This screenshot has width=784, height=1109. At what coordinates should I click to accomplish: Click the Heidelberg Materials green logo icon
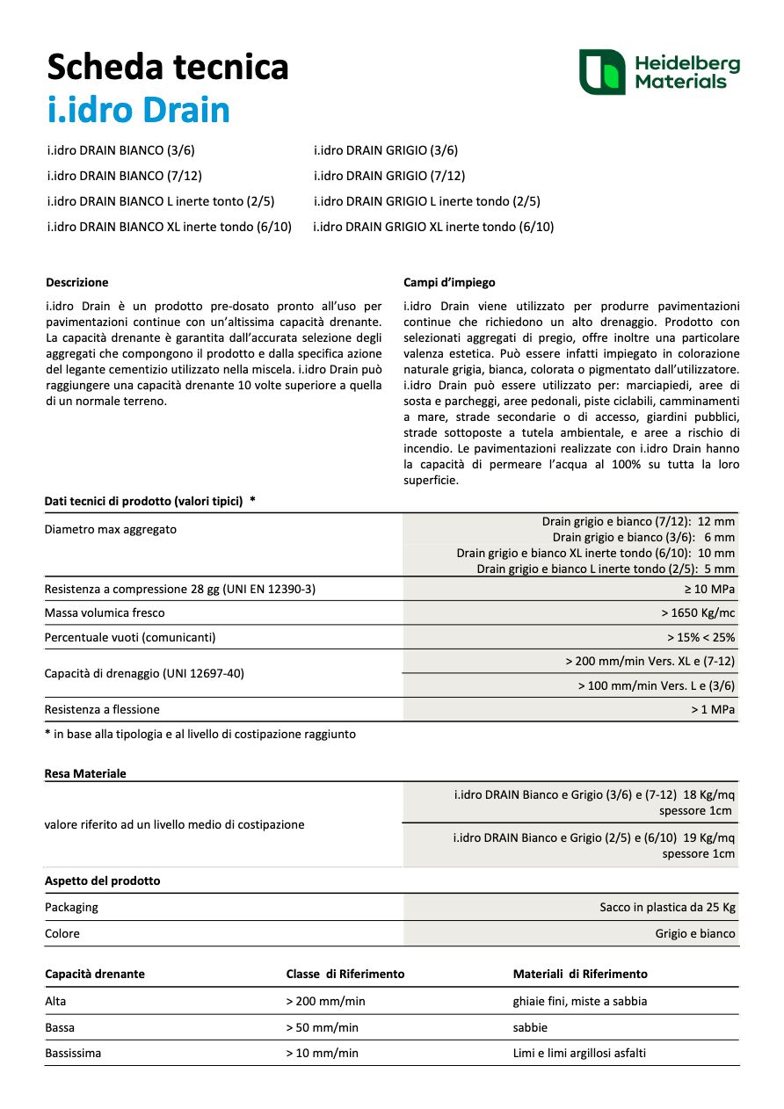[602, 72]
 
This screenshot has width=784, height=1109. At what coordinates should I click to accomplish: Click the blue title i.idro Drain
[138, 111]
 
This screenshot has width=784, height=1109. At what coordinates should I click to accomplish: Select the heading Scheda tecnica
[167, 67]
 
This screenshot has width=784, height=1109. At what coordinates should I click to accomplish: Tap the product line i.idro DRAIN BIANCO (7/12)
[124, 176]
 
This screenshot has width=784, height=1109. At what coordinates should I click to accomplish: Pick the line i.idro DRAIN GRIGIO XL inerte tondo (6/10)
[433, 227]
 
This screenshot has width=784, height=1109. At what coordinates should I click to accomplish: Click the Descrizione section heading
[77, 283]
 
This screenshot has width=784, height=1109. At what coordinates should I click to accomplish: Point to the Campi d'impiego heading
[449, 283]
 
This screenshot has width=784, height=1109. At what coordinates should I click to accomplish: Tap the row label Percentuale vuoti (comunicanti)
[130, 637]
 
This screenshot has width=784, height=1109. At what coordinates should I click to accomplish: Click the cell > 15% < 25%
[701, 637]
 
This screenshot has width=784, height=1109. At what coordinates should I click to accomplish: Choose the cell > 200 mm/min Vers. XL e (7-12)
[650, 661]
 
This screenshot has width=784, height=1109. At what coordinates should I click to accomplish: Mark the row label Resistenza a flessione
[102, 709]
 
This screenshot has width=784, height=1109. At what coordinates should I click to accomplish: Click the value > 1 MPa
[713, 709]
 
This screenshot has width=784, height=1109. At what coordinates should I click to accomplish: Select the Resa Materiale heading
[85, 774]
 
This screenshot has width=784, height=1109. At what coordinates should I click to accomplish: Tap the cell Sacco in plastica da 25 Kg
[668, 907]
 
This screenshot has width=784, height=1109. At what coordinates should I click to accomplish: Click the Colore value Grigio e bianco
[695, 933]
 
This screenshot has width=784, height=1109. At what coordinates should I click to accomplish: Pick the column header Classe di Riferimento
[345, 975]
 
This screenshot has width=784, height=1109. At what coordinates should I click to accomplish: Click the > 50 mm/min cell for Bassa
[322, 1027]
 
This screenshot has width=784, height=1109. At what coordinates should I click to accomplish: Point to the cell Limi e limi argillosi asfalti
[579, 1053]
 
